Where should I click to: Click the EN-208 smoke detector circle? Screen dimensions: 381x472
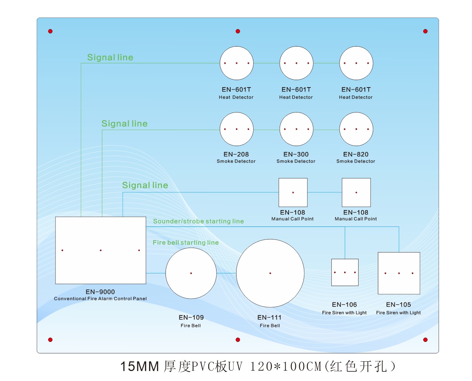(237, 129)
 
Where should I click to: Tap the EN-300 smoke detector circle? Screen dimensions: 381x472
(296, 129)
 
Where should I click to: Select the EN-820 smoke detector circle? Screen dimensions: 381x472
(356, 129)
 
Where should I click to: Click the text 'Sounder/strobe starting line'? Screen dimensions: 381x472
(198, 221)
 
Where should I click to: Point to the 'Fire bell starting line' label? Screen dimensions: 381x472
(186, 242)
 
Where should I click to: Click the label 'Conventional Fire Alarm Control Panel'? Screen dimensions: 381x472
(100, 299)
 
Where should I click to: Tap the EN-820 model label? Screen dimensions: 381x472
(356, 154)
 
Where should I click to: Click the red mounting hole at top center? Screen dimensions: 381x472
(238, 31)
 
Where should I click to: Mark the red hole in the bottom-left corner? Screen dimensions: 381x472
(50, 340)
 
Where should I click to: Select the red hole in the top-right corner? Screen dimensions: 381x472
(425, 31)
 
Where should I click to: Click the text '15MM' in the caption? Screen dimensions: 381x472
(139, 366)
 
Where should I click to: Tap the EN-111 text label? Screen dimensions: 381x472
(270, 317)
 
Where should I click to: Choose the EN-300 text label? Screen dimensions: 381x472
(296, 154)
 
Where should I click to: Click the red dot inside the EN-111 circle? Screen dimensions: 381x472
(270, 273)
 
